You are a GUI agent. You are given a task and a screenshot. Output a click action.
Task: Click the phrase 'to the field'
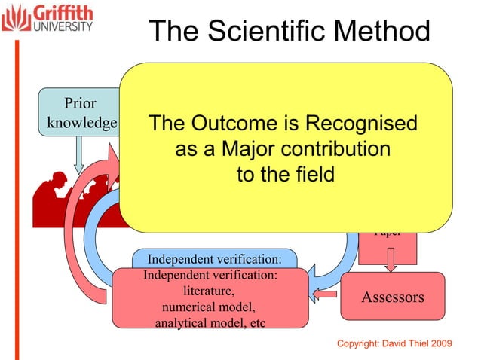coord(285,175)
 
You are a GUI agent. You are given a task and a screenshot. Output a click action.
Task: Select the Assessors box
coord(393,297)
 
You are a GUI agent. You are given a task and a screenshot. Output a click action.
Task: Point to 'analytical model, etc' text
coord(210,324)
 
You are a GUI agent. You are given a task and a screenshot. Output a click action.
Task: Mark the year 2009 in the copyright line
coord(437,343)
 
